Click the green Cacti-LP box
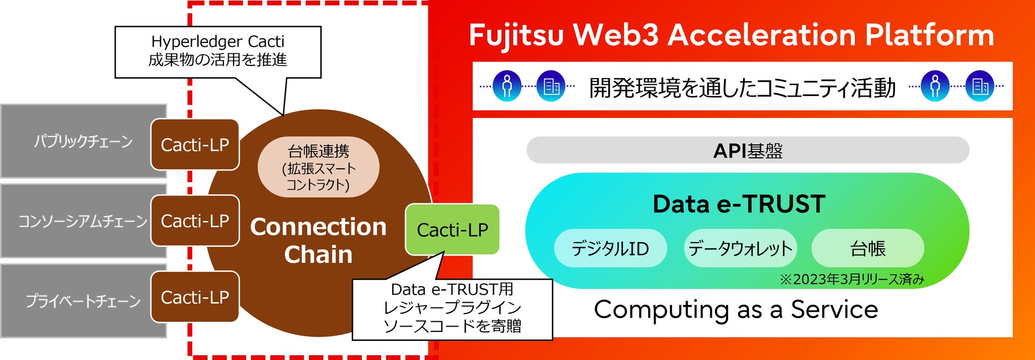(452, 230)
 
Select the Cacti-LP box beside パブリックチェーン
(195, 145)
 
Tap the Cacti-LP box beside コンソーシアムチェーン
(195, 221)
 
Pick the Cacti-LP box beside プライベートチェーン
(195, 297)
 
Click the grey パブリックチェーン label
(83, 141)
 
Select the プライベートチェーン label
(83, 301)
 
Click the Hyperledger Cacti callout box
(218, 51)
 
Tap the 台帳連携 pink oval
(318, 168)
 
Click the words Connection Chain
(318, 240)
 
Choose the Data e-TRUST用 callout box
(452, 308)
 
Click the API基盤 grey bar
(747, 151)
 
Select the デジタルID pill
(610, 248)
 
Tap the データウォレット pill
(740, 248)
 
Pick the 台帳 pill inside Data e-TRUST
(868, 248)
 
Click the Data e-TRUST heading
(739, 204)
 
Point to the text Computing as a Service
(736, 310)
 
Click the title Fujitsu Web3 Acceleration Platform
(731, 35)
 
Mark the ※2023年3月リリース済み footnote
(852, 279)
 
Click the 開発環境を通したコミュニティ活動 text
(742, 88)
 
